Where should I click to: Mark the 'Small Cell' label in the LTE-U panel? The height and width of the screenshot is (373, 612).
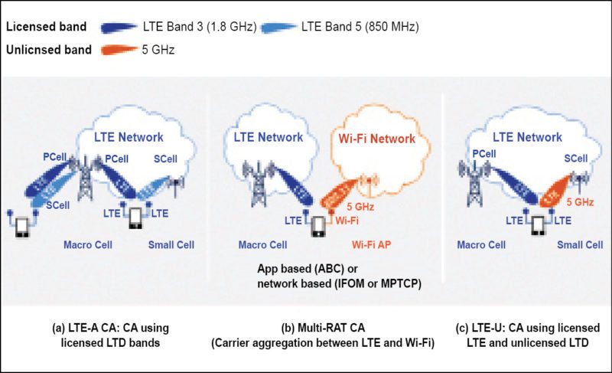(x=579, y=246)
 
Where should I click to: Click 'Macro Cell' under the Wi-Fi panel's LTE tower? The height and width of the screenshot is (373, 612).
(x=262, y=246)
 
